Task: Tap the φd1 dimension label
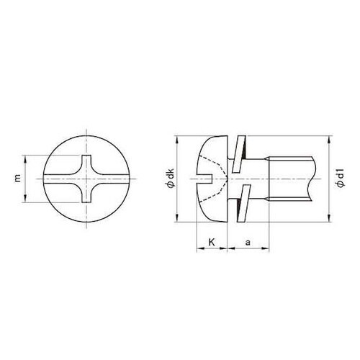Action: click(338, 178)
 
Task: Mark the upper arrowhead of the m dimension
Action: click(28, 158)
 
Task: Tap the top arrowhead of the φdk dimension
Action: click(176, 138)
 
